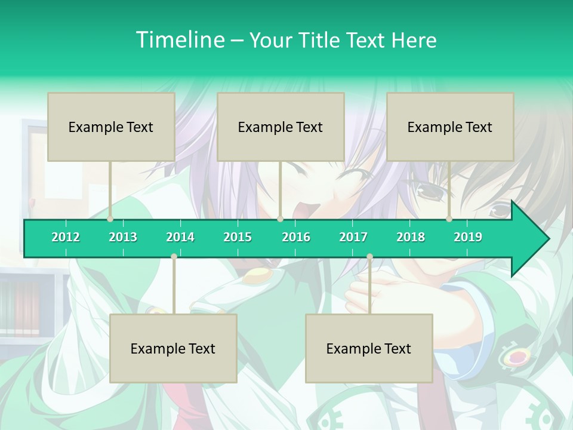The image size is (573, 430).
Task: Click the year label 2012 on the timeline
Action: point(66,237)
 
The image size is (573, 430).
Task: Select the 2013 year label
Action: point(123,237)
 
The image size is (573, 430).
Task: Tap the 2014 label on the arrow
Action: point(180,237)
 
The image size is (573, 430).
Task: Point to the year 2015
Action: point(238,237)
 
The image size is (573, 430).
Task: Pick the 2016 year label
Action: point(296,237)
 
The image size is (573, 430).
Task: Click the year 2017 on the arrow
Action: point(353,237)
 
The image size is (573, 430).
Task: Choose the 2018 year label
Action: point(411,237)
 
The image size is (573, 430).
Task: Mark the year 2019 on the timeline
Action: point(468,237)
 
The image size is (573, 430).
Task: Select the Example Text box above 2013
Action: point(111,127)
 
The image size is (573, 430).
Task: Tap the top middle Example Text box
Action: point(281,127)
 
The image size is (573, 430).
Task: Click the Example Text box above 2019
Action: point(450,127)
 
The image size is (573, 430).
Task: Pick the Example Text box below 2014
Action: point(173,348)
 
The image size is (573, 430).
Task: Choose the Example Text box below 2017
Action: point(369,348)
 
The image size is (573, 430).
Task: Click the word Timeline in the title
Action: point(180,40)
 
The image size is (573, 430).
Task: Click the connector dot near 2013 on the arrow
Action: point(110,219)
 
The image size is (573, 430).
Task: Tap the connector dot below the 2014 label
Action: point(174,257)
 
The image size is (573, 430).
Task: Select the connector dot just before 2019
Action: point(449,219)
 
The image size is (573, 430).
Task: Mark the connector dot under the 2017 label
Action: point(369,257)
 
